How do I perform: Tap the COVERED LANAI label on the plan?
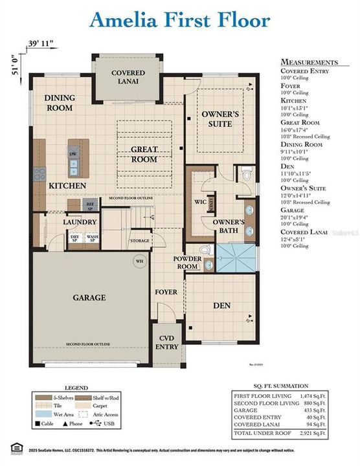pos(128,78)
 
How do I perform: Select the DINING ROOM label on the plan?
pos(59,103)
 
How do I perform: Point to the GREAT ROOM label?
pos(144,153)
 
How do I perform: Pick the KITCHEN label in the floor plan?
pos(67,186)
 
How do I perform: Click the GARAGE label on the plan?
pos(89,298)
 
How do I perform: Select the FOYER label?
pos(166,292)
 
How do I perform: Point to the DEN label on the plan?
pos(223,305)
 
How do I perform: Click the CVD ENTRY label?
pos(167,343)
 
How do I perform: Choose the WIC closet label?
pos(201,201)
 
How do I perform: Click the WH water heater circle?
pos(139,261)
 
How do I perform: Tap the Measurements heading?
pos(309,61)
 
